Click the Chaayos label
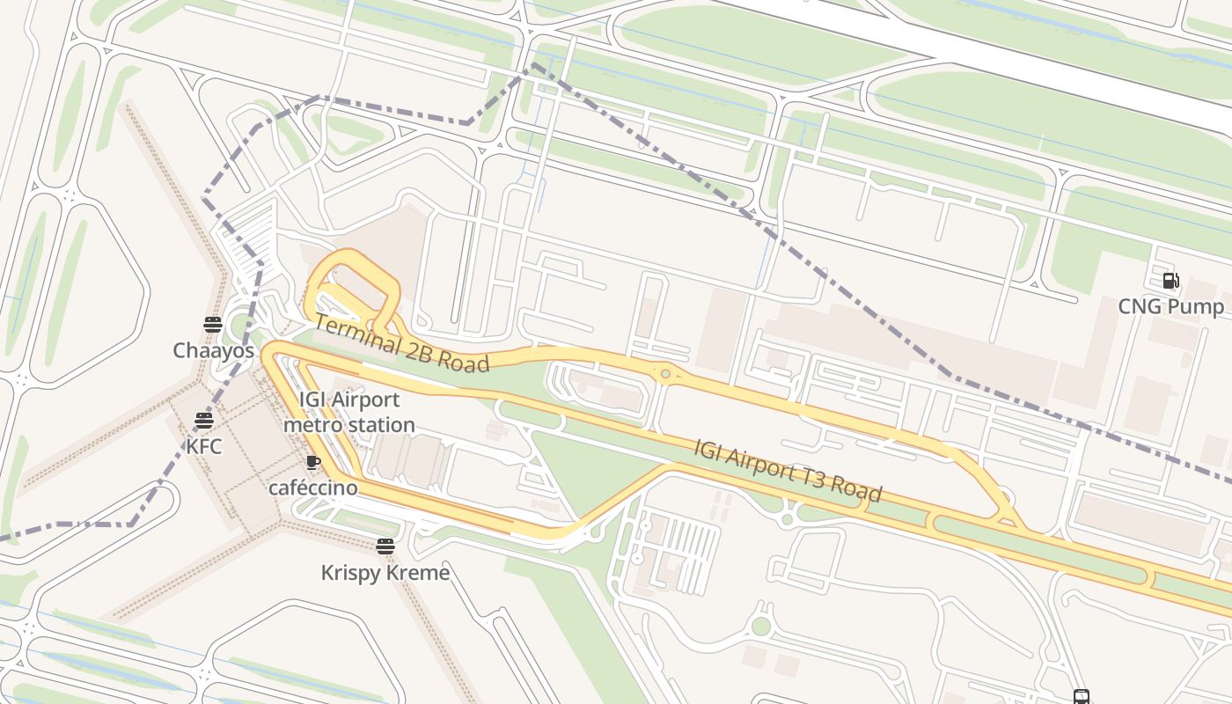click(x=213, y=350)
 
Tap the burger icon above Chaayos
click(x=212, y=325)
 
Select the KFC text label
click(x=204, y=446)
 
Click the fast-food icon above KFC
click(x=204, y=421)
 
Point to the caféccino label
click(x=313, y=488)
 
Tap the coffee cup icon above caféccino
click(x=313, y=462)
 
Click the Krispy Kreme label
click(x=385, y=573)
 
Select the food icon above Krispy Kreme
click(x=385, y=546)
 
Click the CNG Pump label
click(x=1170, y=306)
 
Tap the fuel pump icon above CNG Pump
click(x=1170, y=281)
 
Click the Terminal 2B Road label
click(x=401, y=344)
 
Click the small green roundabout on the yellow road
click(x=665, y=375)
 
